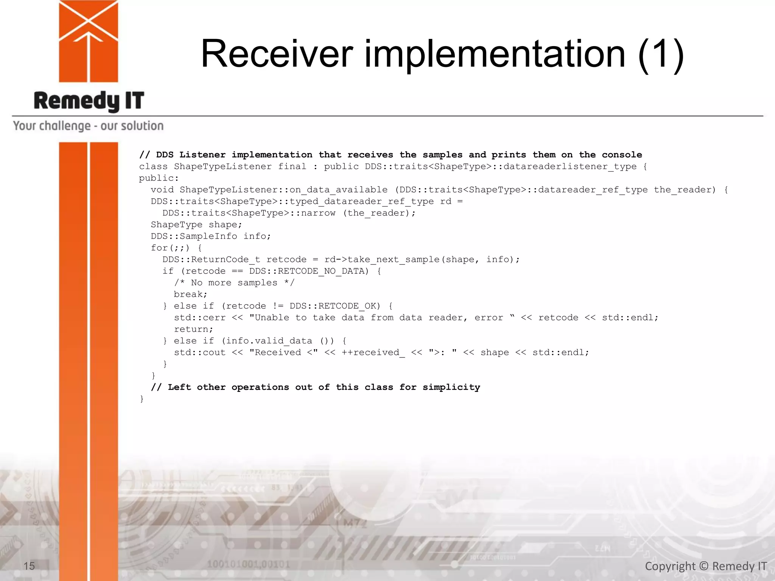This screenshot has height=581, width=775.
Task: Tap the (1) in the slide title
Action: [x=661, y=55]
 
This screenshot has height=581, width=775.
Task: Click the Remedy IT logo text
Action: [x=89, y=101]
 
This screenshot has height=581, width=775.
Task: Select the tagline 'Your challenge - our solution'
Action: [x=88, y=126]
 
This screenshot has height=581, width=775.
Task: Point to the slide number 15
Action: [x=29, y=566]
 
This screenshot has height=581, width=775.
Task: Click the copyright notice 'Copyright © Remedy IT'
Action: [x=706, y=566]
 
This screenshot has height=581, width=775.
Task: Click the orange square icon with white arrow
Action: [x=89, y=41]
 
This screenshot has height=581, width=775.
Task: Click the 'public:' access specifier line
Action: [x=159, y=178]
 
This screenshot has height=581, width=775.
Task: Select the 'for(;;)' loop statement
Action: [x=170, y=248]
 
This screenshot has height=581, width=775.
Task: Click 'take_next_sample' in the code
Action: [x=394, y=259]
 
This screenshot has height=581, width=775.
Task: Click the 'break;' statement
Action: [x=190, y=294]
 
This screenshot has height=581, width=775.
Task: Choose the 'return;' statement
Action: [x=193, y=329]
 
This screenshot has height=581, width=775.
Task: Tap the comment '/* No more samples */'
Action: [x=234, y=283]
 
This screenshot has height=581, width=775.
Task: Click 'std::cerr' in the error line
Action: [x=200, y=318]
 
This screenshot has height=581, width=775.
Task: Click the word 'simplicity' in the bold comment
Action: [x=451, y=387]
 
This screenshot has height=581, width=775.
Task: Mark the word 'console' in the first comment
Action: [x=622, y=155]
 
